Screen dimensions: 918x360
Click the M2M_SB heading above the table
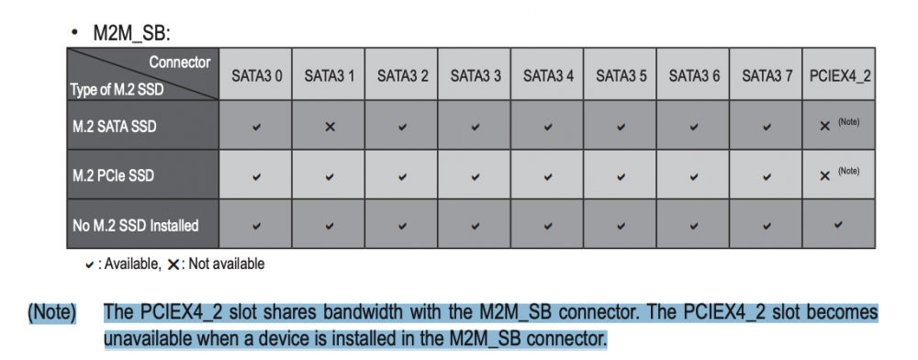click(x=131, y=33)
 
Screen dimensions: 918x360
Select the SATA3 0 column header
click(x=256, y=76)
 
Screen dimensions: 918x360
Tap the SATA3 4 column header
click(x=548, y=76)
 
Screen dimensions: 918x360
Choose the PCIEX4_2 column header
click(x=840, y=76)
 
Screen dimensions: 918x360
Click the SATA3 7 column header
click(x=767, y=76)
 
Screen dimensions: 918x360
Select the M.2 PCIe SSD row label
click(x=112, y=175)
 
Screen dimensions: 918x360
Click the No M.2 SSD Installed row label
click(x=135, y=225)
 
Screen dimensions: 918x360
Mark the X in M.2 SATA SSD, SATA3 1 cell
click(x=330, y=127)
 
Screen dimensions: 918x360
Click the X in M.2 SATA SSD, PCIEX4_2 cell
click(x=825, y=127)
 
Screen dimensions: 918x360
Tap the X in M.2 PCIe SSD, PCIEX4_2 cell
click(x=825, y=176)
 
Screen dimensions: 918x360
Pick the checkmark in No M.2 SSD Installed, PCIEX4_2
click(x=839, y=224)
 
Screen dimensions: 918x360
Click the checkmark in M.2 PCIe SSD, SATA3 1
click(x=330, y=176)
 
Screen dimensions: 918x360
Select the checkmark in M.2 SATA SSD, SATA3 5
click(x=621, y=127)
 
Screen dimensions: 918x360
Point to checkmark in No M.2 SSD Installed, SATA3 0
click(x=256, y=225)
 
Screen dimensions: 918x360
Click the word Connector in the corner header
click(x=180, y=62)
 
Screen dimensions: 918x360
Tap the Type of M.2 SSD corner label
click(x=116, y=91)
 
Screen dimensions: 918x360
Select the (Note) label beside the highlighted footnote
click(x=52, y=313)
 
